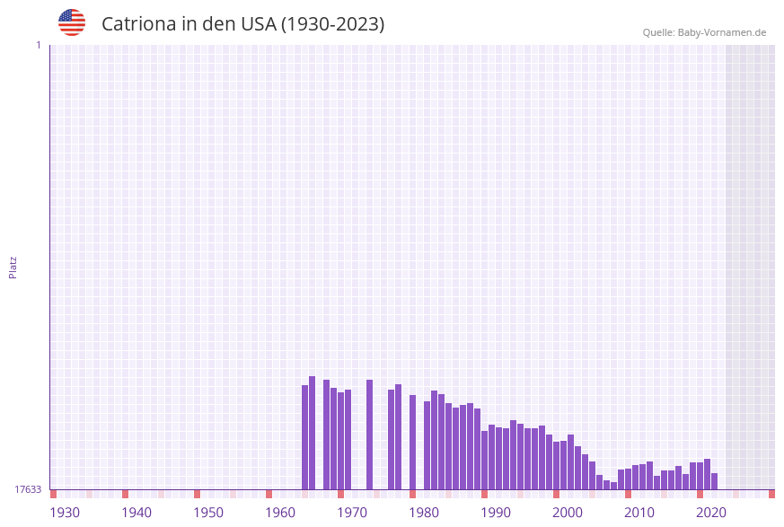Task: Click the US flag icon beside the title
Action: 72,22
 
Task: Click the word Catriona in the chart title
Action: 138,24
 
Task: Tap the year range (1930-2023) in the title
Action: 332,24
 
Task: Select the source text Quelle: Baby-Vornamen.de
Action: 704,32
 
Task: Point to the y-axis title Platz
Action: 13,267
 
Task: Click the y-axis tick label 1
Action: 38,45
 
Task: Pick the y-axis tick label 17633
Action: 28,489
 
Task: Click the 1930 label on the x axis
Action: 65,513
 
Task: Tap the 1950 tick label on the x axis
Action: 208,513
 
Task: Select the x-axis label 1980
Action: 424,513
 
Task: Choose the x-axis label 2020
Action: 711,513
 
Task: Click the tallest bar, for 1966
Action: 313,433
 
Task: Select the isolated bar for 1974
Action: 369,435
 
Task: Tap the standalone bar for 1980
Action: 413,442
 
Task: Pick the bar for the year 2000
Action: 557,465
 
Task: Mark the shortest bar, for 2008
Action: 614,486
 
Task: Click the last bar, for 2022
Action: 715,481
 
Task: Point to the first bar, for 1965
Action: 305,437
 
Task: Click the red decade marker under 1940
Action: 126,494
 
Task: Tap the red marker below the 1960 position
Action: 269,494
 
